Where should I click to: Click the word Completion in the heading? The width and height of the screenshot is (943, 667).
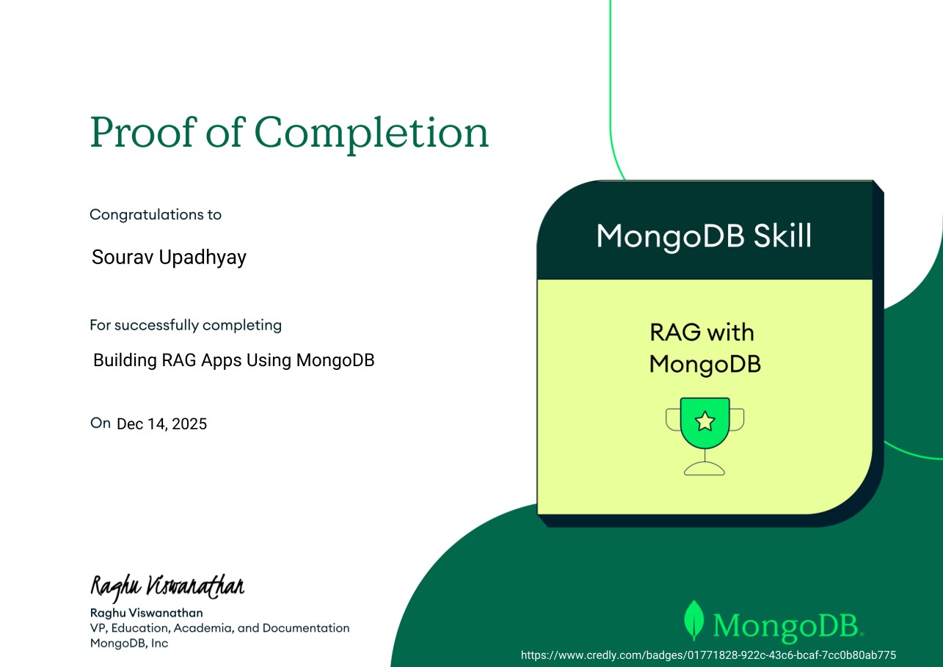pyautogui.click(x=371, y=134)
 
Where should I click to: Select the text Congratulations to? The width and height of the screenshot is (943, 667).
pyautogui.click(x=156, y=215)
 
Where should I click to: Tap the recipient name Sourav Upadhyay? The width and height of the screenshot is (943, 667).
pyautogui.click(x=169, y=258)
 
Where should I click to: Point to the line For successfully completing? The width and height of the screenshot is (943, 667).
pyautogui.click(x=186, y=325)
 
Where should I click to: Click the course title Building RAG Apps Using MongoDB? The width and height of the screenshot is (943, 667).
pyautogui.click(x=234, y=361)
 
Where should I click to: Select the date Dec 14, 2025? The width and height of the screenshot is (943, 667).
pyautogui.click(x=162, y=424)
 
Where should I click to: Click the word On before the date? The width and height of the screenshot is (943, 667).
pyautogui.click(x=100, y=423)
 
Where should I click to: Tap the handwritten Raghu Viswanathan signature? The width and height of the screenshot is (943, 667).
pyautogui.click(x=167, y=586)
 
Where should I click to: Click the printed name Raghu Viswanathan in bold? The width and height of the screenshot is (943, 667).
pyautogui.click(x=147, y=613)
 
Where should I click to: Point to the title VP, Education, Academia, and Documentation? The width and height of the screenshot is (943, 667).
pyautogui.click(x=219, y=628)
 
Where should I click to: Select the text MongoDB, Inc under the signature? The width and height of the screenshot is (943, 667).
pyautogui.click(x=129, y=644)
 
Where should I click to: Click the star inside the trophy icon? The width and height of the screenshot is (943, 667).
pyautogui.click(x=704, y=421)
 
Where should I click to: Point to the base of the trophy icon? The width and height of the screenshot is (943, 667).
pyautogui.click(x=704, y=469)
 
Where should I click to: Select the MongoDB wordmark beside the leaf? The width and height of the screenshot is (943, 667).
pyautogui.click(x=787, y=625)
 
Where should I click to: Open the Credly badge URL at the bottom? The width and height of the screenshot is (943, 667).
pyautogui.click(x=708, y=655)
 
